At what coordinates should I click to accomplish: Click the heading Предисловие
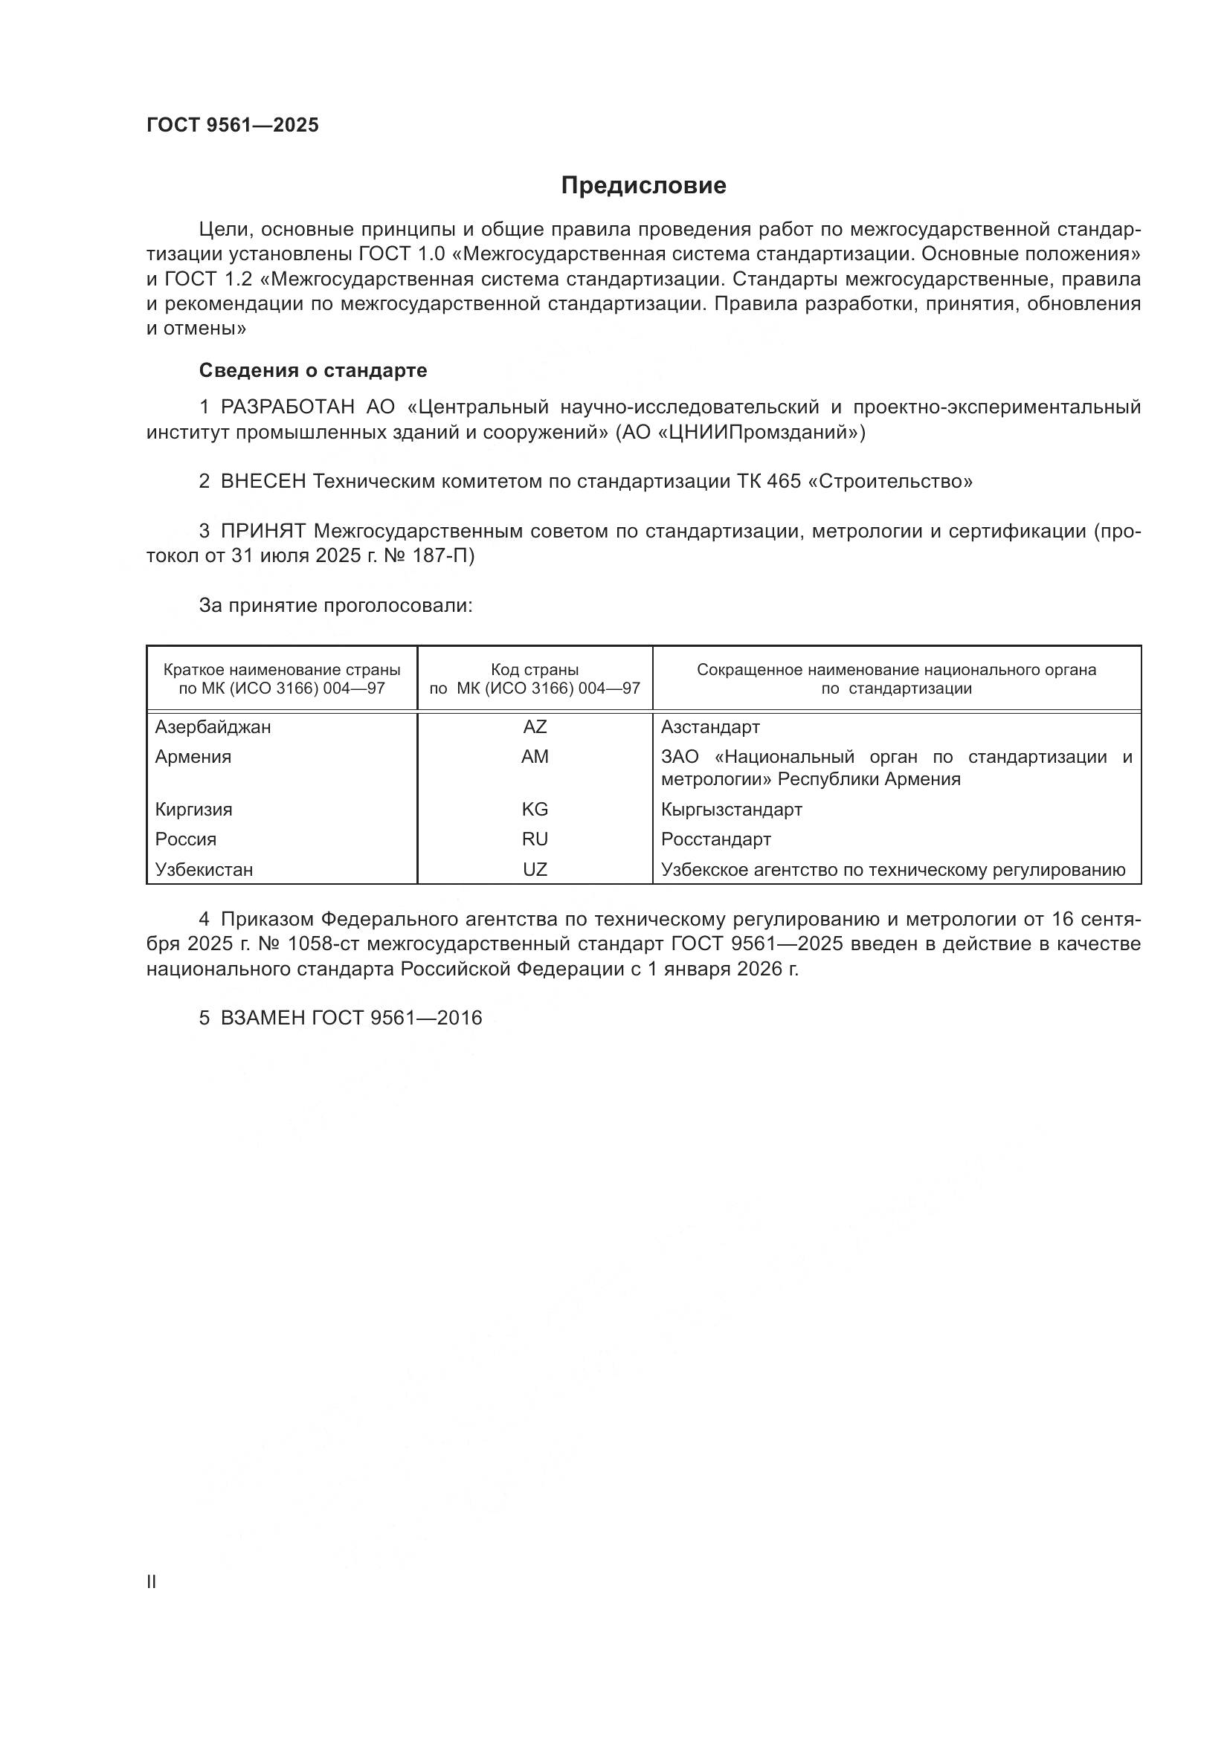(643, 186)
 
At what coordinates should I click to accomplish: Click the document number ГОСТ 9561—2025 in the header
(233, 125)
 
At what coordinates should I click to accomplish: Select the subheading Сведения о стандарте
(313, 370)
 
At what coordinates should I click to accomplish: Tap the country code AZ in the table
(535, 727)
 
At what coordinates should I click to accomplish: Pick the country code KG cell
(535, 809)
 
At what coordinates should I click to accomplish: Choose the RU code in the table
(535, 839)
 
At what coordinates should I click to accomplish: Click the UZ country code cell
(535, 870)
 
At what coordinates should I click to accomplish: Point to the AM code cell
(535, 757)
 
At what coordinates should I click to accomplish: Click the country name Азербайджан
(213, 727)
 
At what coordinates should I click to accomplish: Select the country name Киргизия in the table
(194, 809)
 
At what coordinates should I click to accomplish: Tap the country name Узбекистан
(204, 870)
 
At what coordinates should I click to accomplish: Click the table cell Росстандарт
(715, 839)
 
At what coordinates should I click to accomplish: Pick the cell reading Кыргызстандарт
(732, 809)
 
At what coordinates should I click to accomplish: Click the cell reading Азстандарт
(710, 727)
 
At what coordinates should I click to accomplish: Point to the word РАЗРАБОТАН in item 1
(287, 407)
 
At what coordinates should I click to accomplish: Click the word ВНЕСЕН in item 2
(263, 482)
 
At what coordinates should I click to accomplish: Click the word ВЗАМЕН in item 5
(262, 1018)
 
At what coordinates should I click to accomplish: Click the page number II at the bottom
(152, 1581)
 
